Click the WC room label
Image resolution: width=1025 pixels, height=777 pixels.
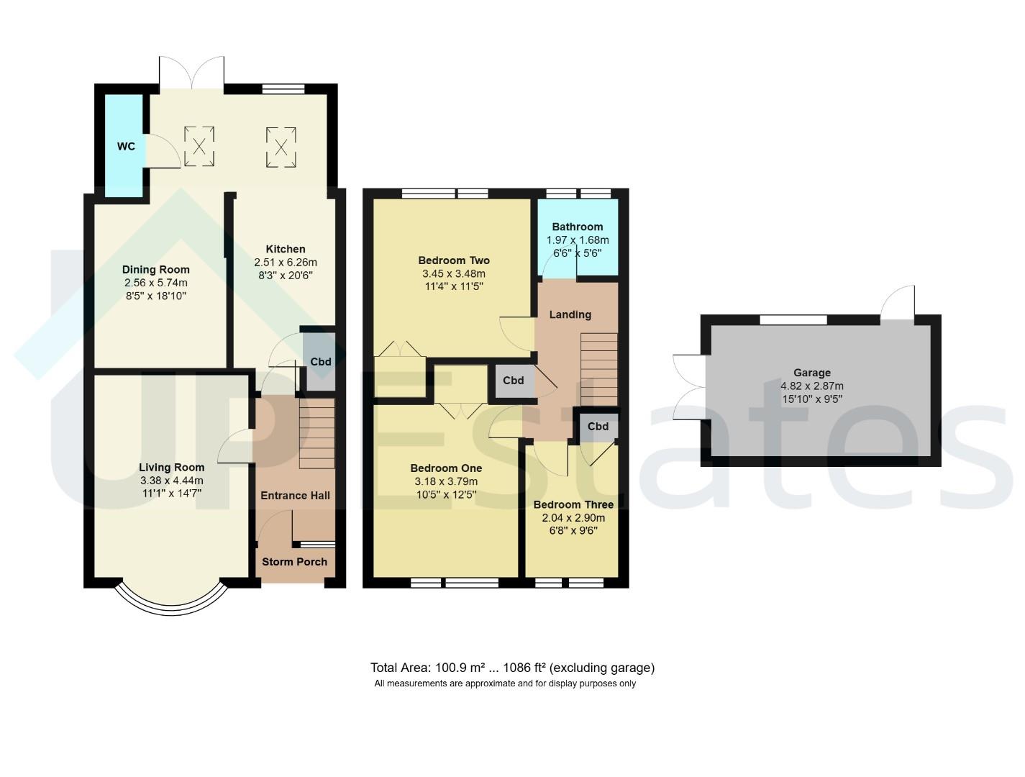[x=126, y=147]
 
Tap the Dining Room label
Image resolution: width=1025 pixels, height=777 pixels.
[x=156, y=269]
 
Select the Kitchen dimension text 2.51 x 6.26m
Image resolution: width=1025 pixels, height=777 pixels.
[x=286, y=263]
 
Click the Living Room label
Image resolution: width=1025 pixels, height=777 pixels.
[x=171, y=468]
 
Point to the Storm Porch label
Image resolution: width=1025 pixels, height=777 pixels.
[x=294, y=562]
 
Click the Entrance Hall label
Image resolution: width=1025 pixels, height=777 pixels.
[x=295, y=496]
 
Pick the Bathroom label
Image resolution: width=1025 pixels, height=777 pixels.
[x=577, y=227]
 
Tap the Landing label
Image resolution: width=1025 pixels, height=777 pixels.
[x=570, y=314]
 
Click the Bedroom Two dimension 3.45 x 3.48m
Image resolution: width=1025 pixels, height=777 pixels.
[x=454, y=273]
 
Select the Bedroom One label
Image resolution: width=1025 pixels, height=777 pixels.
[x=446, y=468]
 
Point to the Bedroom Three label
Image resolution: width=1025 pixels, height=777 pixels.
[x=573, y=505]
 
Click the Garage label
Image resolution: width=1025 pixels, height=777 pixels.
[x=812, y=373]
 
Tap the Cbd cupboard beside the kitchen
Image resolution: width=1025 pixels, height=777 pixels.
[x=319, y=361]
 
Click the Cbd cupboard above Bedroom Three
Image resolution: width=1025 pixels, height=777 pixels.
[x=599, y=427]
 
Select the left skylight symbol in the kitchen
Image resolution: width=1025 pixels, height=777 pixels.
[x=199, y=146]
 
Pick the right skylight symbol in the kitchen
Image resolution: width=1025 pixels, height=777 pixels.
[x=281, y=147]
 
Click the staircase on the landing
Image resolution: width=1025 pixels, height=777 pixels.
[x=599, y=369]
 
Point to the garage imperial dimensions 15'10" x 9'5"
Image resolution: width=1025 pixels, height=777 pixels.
[x=812, y=399]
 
